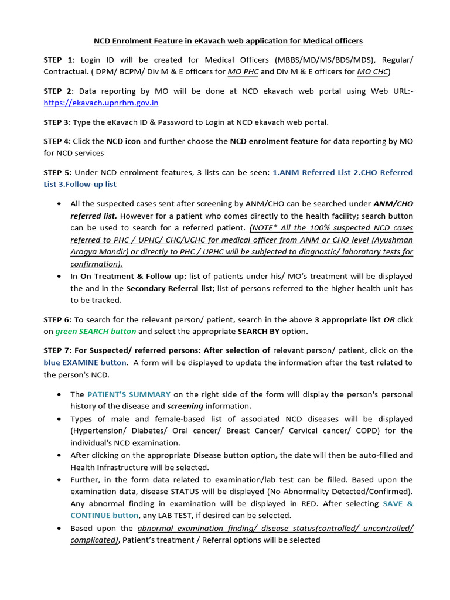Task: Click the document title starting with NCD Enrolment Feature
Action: (x=229, y=41)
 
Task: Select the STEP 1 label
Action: (x=58, y=60)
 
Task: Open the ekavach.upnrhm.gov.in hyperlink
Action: (x=101, y=103)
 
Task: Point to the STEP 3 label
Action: (x=57, y=122)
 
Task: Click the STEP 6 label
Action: (x=58, y=319)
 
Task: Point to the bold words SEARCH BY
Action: (x=270, y=331)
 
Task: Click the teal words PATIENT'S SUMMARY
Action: (x=129, y=394)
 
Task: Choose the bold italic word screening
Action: (x=185, y=406)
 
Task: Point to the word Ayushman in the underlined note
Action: (x=393, y=240)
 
